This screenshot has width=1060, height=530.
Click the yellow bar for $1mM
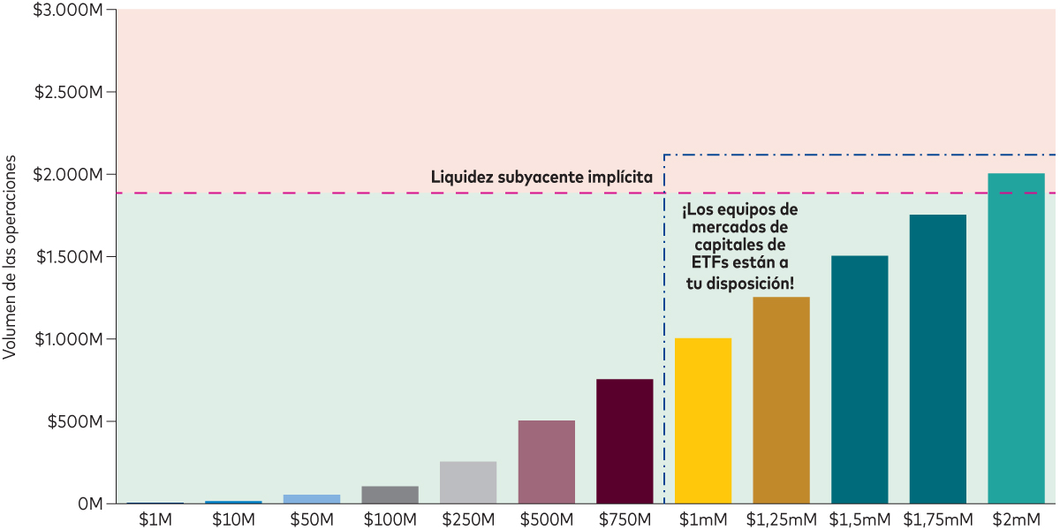(703, 420)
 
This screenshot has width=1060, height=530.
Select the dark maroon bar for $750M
(625, 441)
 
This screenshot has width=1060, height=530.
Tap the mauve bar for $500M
(546, 461)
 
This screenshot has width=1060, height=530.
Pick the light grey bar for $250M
(468, 482)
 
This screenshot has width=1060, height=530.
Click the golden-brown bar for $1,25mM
(781, 400)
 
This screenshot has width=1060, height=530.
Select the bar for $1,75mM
(938, 359)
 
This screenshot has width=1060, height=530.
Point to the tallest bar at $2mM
(1016, 338)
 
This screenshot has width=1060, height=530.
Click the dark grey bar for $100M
(390, 495)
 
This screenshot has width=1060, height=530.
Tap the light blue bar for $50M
(312, 499)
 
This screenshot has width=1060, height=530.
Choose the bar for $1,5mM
(859, 379)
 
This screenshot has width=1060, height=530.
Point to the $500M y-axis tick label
(74, 421)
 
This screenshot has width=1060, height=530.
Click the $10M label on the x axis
(233, 519)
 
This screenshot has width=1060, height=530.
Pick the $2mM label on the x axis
(1016, 519)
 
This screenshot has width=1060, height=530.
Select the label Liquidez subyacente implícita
(541, 177)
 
